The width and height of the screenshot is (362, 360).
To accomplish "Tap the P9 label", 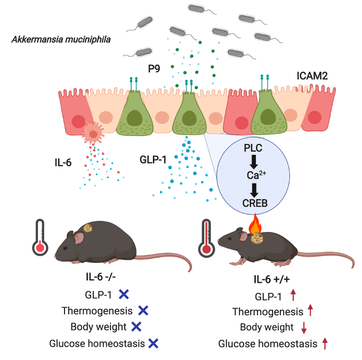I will click(155, 69).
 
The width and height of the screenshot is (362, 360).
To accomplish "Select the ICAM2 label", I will click(312, 76).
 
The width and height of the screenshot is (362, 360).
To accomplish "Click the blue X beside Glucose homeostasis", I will click(154, 343).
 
